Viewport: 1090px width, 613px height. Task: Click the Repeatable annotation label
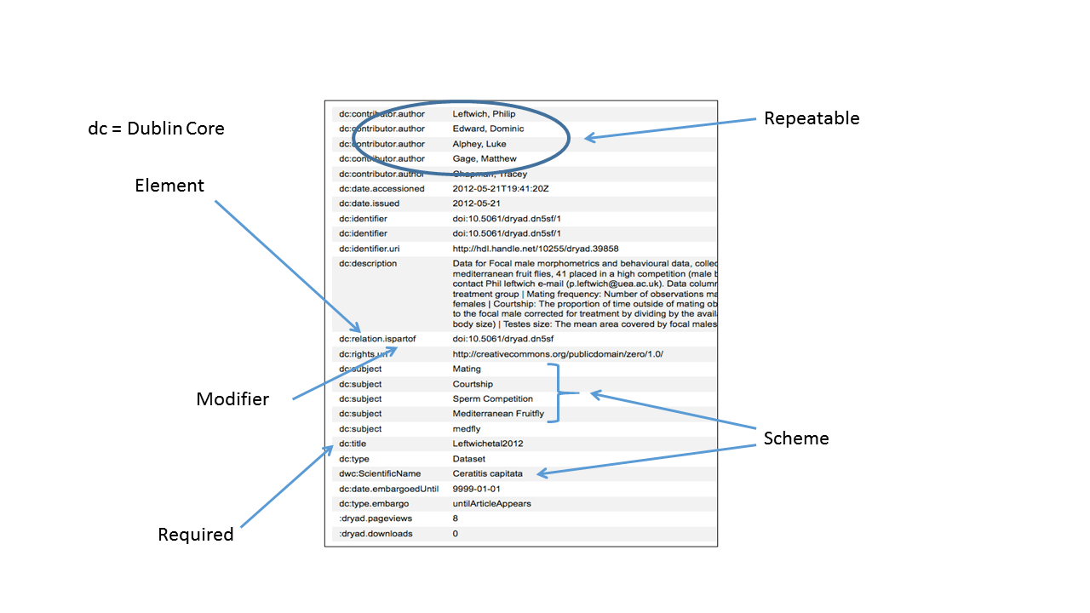(812, 118)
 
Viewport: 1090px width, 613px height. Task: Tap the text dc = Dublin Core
(157, 129)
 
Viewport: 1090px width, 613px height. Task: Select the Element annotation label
(169, 186)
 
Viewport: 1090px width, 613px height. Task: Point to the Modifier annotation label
(232, 399)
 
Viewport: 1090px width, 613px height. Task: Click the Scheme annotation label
(796, 438)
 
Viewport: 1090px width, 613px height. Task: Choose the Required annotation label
(196, 535)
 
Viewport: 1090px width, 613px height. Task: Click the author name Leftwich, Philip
(484, 113)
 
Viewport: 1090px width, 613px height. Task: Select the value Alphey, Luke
(479, 144)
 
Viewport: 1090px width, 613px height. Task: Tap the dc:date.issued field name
(369, 203)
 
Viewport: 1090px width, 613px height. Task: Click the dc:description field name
(368, 264)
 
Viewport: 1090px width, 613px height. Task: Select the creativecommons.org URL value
(558, 354)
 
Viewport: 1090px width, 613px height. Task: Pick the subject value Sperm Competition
(493, 398)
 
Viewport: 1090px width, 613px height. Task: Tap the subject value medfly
(467, 429)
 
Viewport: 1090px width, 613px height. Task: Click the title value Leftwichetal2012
(488, 444)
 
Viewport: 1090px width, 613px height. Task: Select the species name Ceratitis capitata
(488, 473)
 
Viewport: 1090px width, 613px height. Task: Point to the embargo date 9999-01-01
(477, 489)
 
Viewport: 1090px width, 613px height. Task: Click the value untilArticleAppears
(492, 504)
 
